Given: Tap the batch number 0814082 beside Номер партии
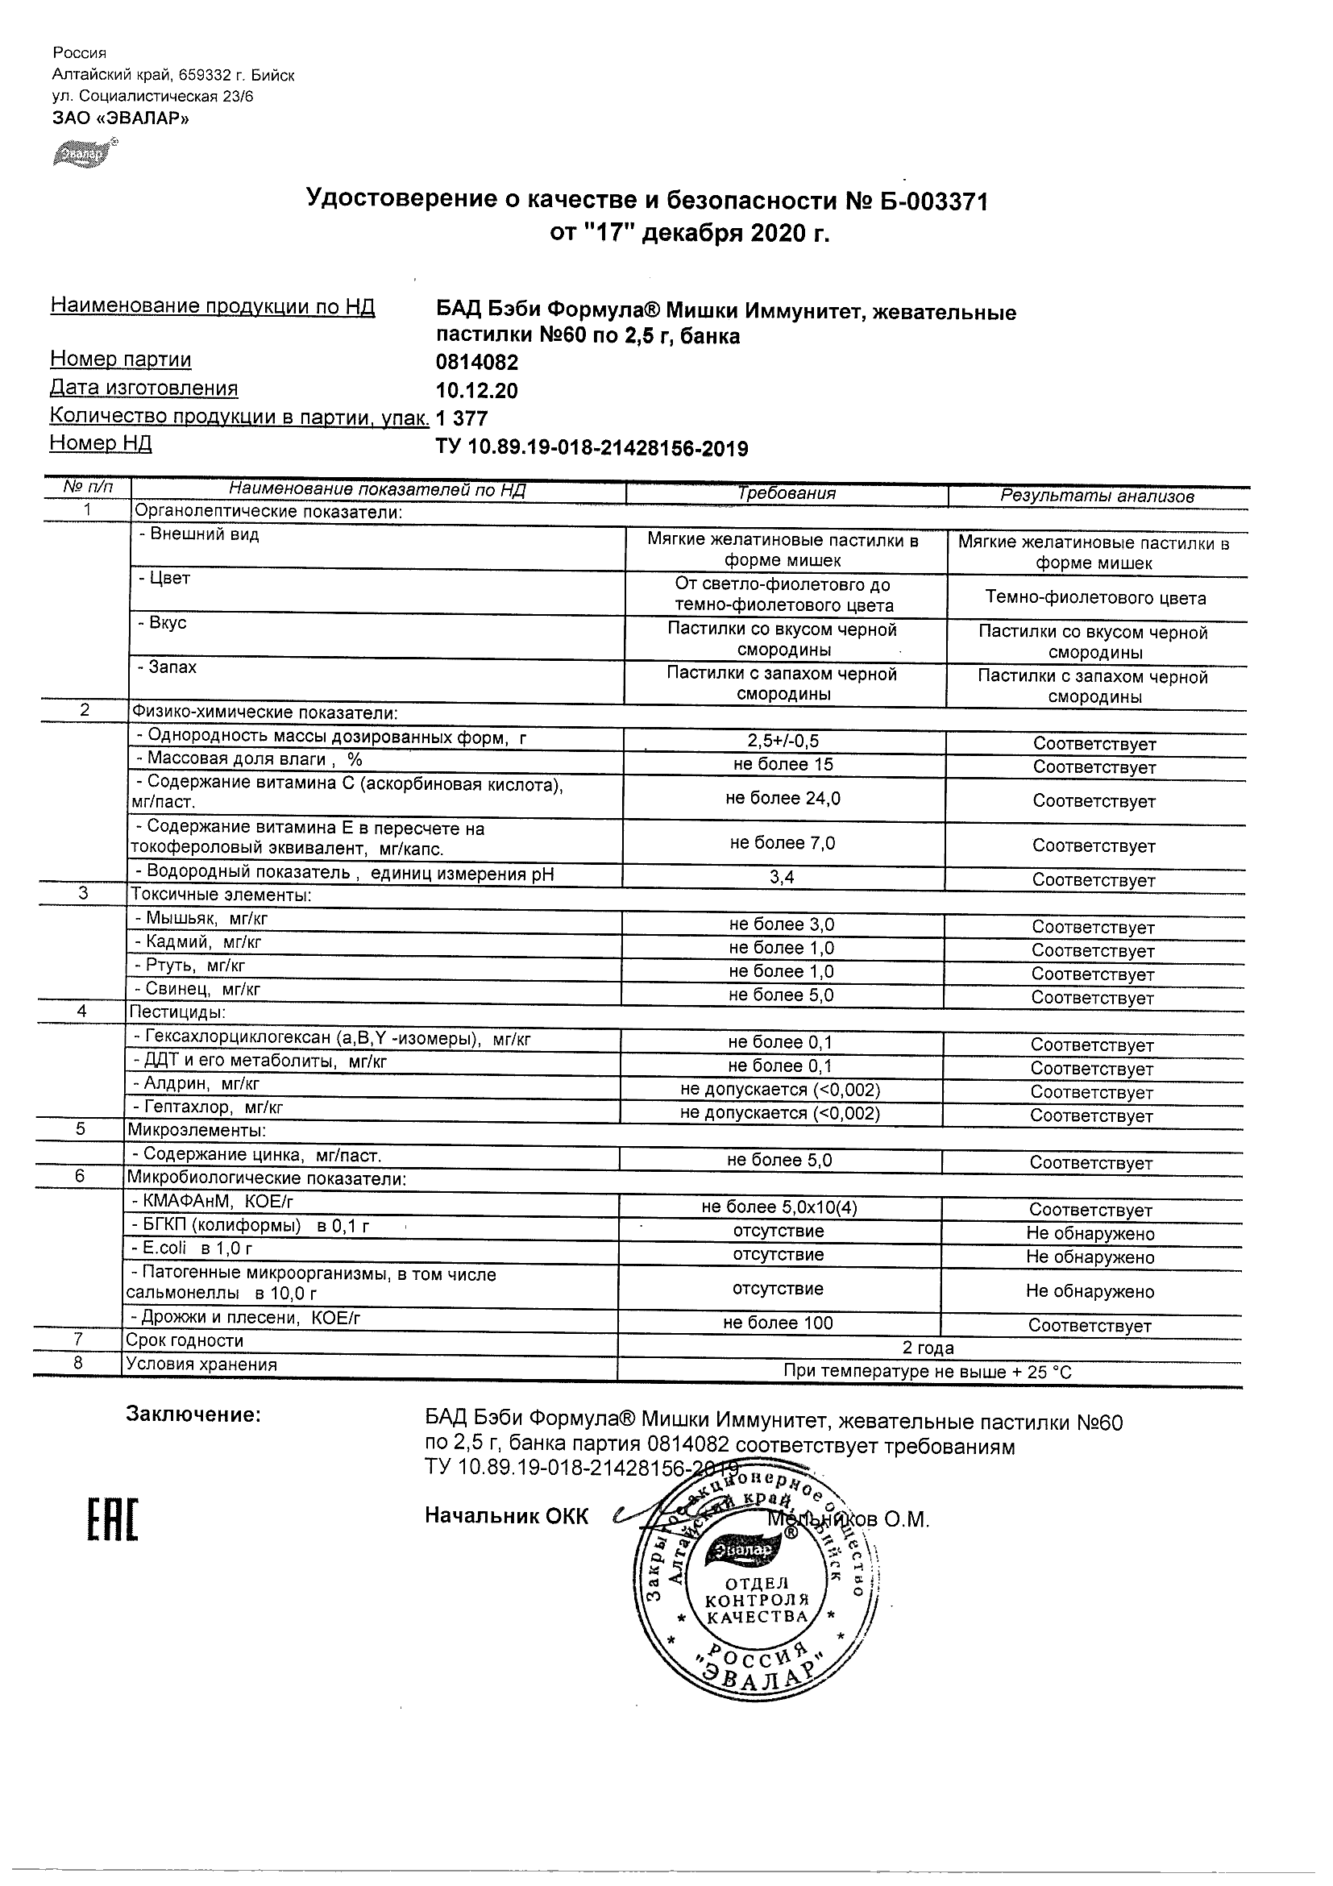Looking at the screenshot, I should (x=476, y=362).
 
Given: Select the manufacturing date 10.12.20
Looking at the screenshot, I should (x=476, y=391).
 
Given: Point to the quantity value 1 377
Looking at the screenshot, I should (x=462, y=419).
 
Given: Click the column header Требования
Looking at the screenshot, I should (x=786, y=494).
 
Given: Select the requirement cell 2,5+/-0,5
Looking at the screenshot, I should (x=783, y=741).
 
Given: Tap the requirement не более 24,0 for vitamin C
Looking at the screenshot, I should (x=783, y=798).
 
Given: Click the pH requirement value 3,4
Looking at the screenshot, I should (x=782, y=877).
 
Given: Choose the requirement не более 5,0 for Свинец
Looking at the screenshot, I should (x=781, y=995).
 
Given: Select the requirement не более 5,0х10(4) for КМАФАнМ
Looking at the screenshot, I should (x=779, y=1207).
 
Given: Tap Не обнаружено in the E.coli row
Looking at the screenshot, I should (x=1090, y=1257).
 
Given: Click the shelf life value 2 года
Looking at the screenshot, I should (x=928, y=1347).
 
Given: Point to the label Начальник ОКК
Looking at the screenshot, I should (x=506, y=1516).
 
